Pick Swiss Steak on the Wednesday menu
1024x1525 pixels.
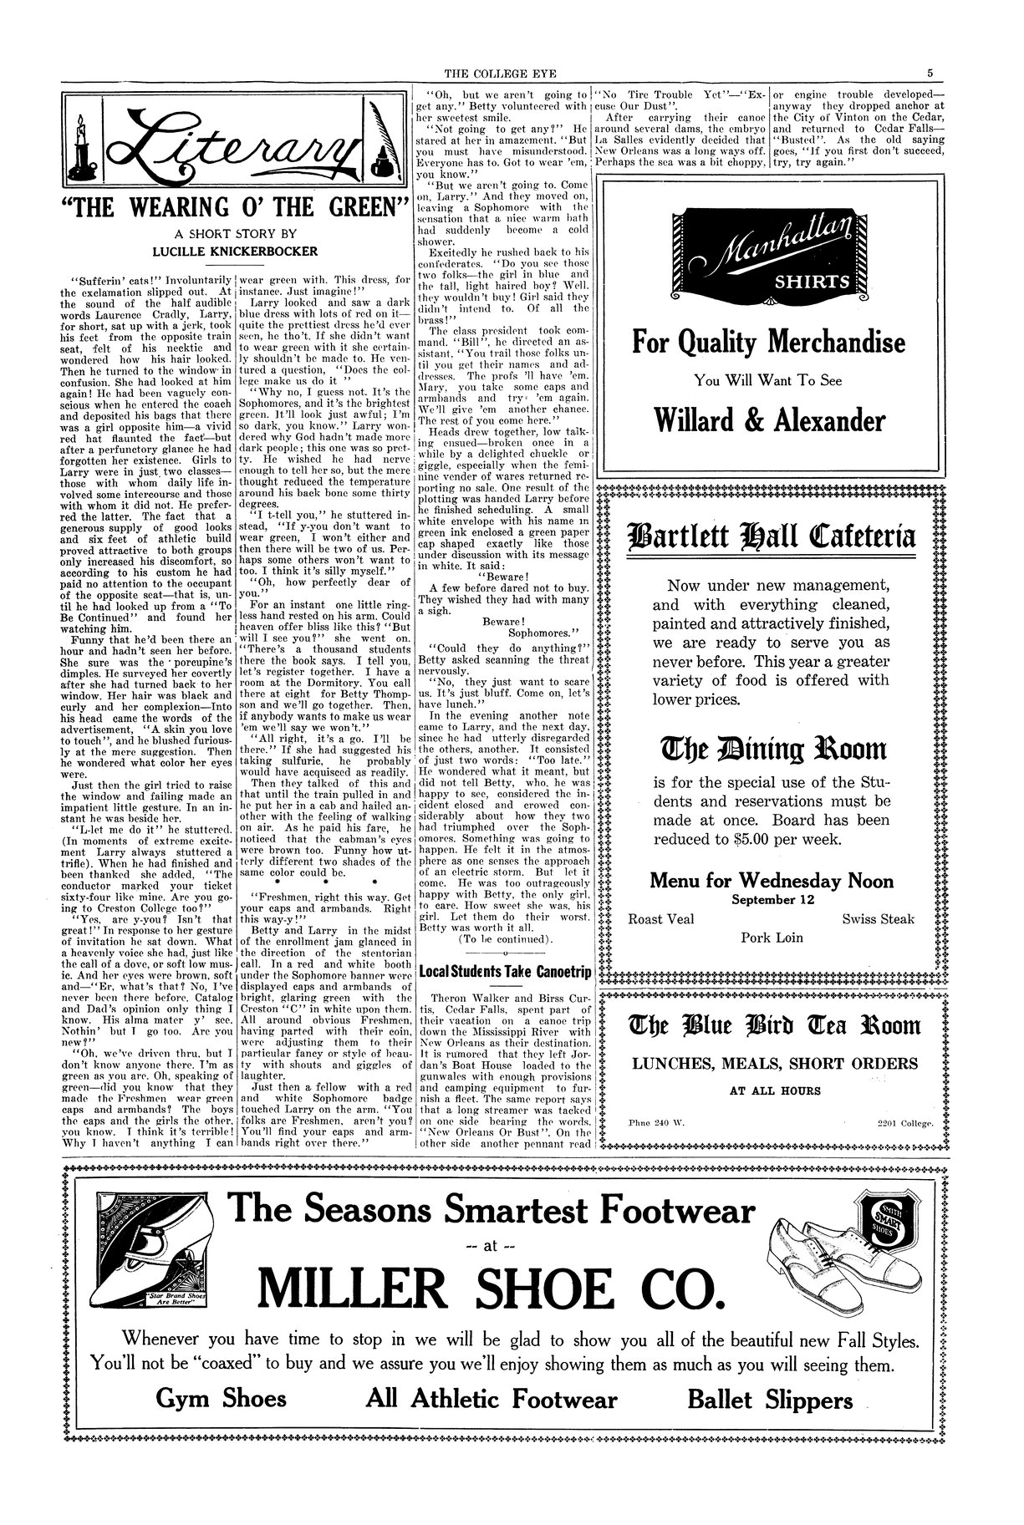pyautogui.click(x=878, y=919)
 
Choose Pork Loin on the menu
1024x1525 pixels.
pyautogui.click(x=772, y=938)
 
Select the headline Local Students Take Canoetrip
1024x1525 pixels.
pyautogui.click(x=505, y=972)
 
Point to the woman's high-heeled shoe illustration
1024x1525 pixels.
pyautogui.click(x=155, y=1253)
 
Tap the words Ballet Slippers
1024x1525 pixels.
pyautogui.click(x=770, y=1400)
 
